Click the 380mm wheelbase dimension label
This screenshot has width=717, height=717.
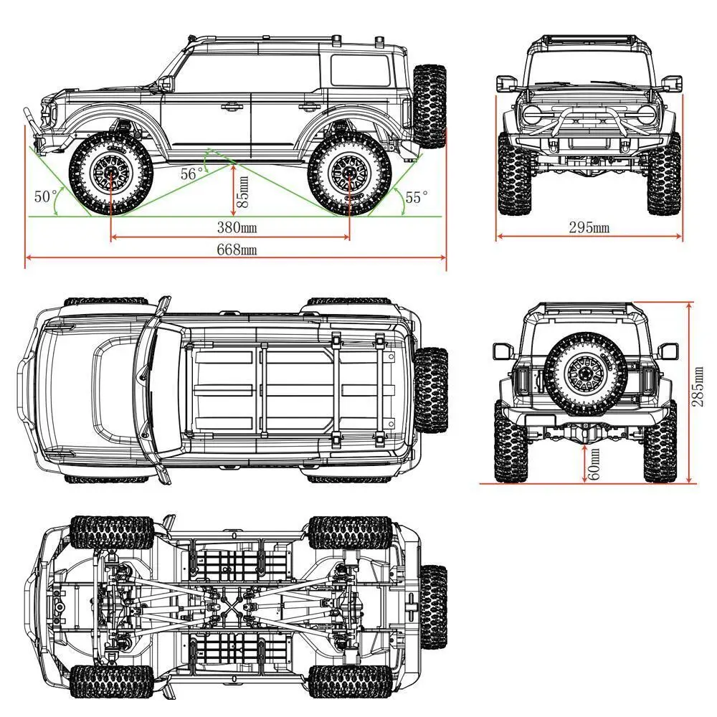[x=237, y=229]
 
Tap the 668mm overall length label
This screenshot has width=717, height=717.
[x=237, y=250]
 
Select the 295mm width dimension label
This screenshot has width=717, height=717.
[x=589, y=228]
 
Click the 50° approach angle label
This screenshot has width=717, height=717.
[x=46, y=196]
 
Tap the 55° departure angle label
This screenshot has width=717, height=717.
[x=416, y=195]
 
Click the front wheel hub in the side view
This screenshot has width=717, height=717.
[x=111, y=175]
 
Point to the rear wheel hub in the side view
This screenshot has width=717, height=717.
[x=350, y=175]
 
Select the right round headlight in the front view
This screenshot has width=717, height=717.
[x=645, y=114]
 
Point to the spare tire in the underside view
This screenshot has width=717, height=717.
[x=432, y=606]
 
